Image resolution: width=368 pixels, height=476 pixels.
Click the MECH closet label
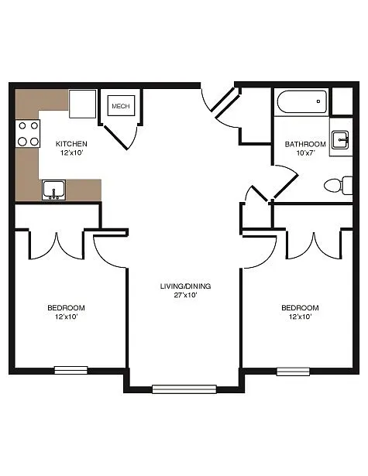pos(120,106)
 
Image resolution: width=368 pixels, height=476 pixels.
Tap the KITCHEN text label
pos(71,144)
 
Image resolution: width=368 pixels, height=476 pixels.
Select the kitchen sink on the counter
pos(53,188)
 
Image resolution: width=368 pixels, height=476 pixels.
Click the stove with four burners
pos(29,133)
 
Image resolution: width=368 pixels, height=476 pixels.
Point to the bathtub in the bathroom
pos(301,102)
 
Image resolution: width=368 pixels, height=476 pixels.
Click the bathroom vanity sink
pos(339,140)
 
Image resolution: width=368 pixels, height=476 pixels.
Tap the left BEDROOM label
pos(66,307)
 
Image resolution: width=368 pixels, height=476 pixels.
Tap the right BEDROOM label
pos(299,307)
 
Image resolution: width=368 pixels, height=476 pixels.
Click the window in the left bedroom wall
pos(71,369)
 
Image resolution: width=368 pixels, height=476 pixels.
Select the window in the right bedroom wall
pos(293,371)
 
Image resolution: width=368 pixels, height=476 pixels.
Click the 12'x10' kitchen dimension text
pos(71,152)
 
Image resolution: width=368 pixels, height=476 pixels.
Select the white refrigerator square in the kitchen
pos(82,104)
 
